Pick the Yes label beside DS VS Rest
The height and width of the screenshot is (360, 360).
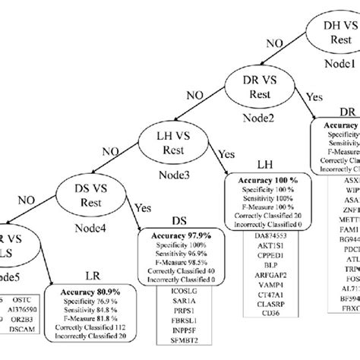coord(140,207)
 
